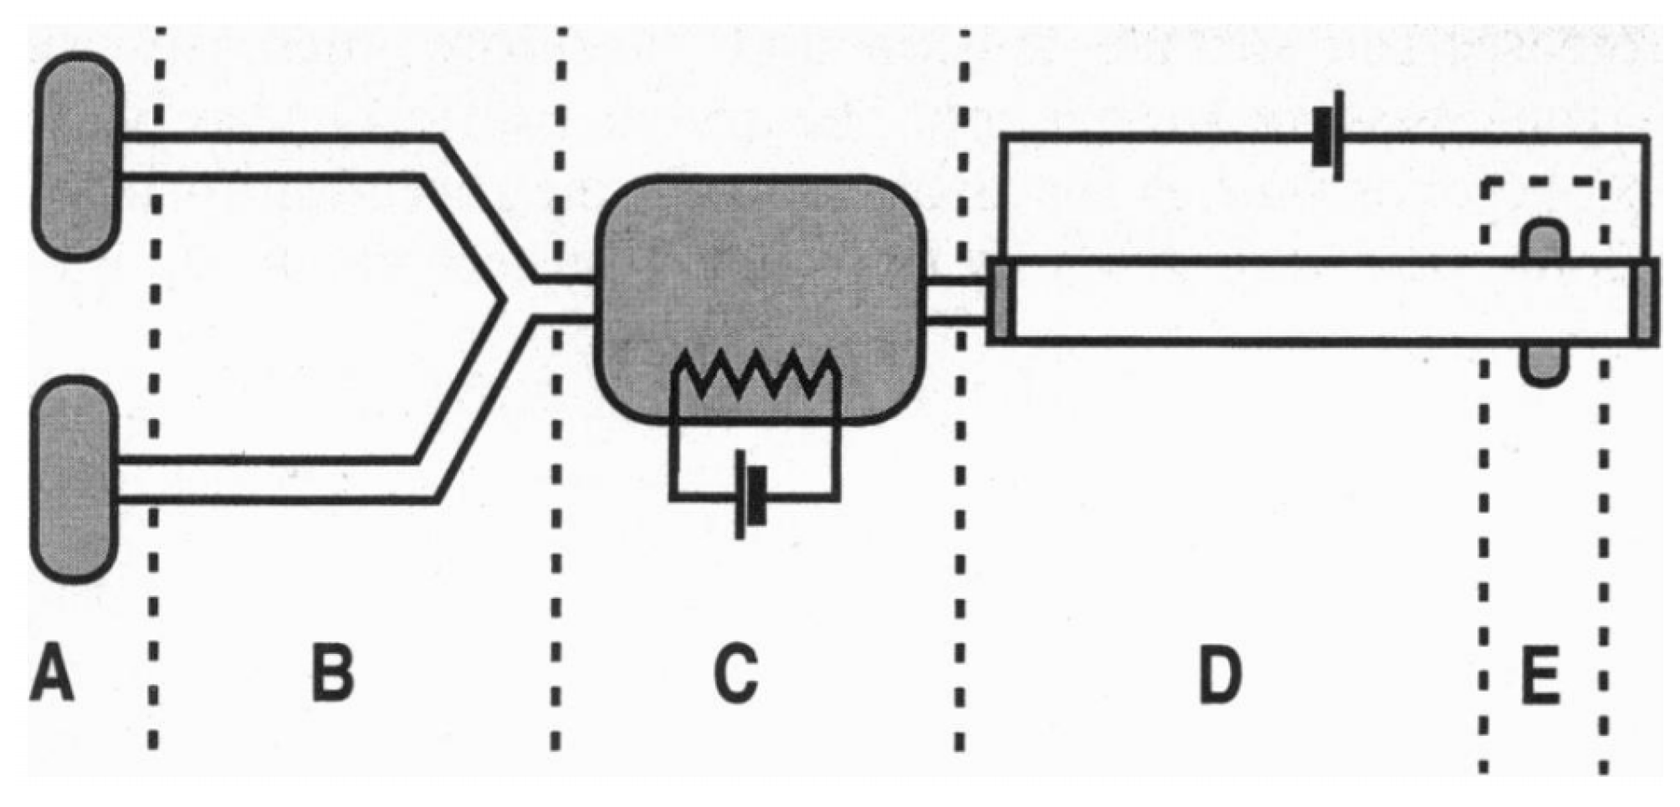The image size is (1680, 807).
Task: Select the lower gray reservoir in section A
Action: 74,479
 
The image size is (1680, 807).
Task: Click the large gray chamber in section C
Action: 760,276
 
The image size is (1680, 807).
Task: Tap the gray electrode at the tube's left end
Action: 1001,301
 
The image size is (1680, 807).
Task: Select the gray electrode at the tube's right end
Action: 1645,301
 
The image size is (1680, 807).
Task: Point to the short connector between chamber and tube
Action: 956,301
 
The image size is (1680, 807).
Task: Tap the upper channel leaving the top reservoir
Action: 276,156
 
